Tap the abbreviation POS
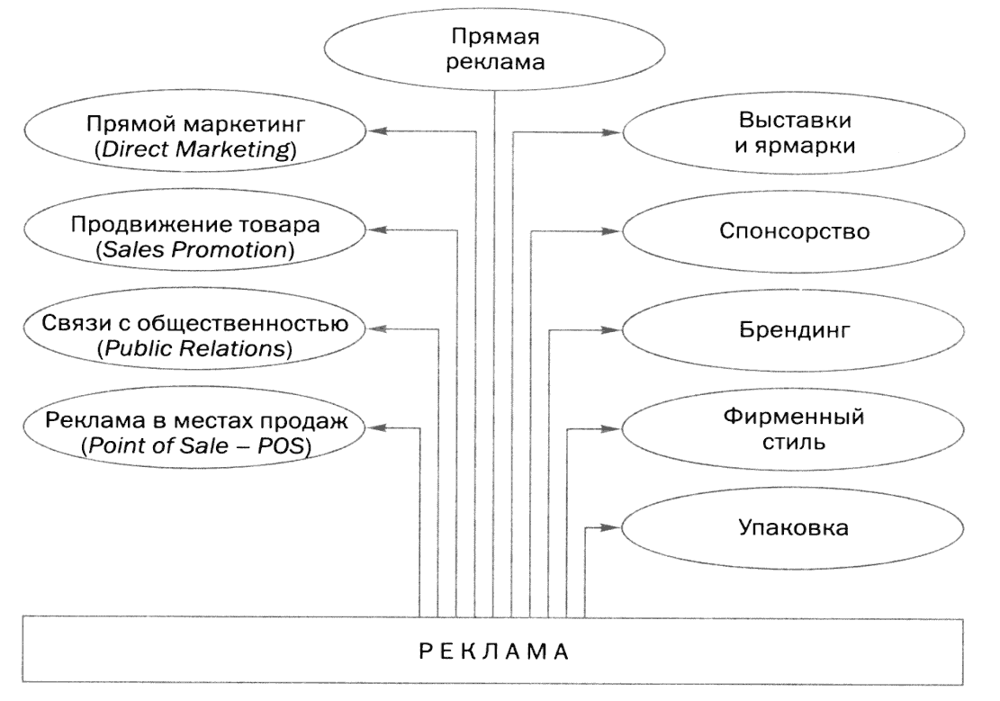coord(285,446)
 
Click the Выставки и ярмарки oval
coord(794,134)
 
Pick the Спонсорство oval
coord(794,232)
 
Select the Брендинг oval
coord(794,331)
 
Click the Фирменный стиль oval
coord(794,430)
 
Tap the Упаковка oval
coord(794,528)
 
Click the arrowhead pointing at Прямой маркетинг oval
coord(379,131)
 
